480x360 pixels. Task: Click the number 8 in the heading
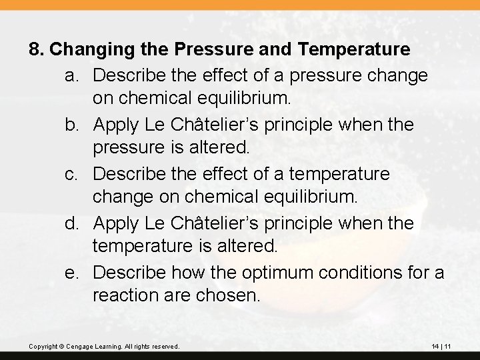(x=36, y=49)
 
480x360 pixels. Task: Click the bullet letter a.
(x=73, y=75)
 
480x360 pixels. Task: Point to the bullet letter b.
(x=73, y=125)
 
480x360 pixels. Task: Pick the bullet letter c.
(x=73, y=174)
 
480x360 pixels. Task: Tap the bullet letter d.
(x=73, y=223)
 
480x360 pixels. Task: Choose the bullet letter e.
(x=73, y=273)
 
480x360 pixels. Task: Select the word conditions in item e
(x=346, y=273)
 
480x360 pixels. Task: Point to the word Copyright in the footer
(x=44, y=347)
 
